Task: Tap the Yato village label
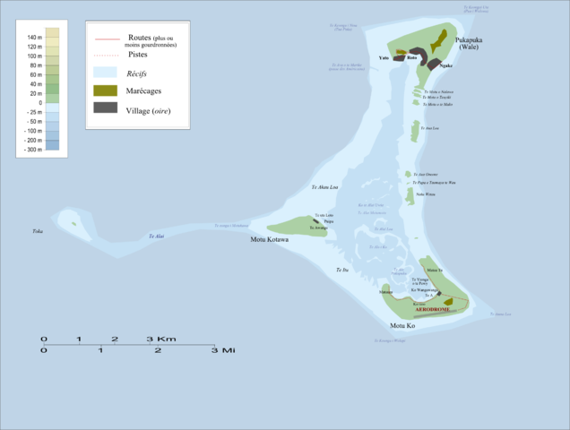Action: (x=384, y=56)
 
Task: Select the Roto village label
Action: (x=411, y=57)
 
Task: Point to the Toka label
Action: (x=38, y=231)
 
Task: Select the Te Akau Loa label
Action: (x=324, y=187)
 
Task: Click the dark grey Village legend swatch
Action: (x=106, y=108)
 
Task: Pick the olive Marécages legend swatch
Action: (x=106, y=90)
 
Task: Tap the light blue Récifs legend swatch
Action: (x=106, y=72)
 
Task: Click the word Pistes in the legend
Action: (x=139, y=55)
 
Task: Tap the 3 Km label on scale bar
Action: (x=161, y=339)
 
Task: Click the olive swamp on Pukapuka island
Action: (x=437, y=41)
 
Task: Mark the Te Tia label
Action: (x=341, y=270)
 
